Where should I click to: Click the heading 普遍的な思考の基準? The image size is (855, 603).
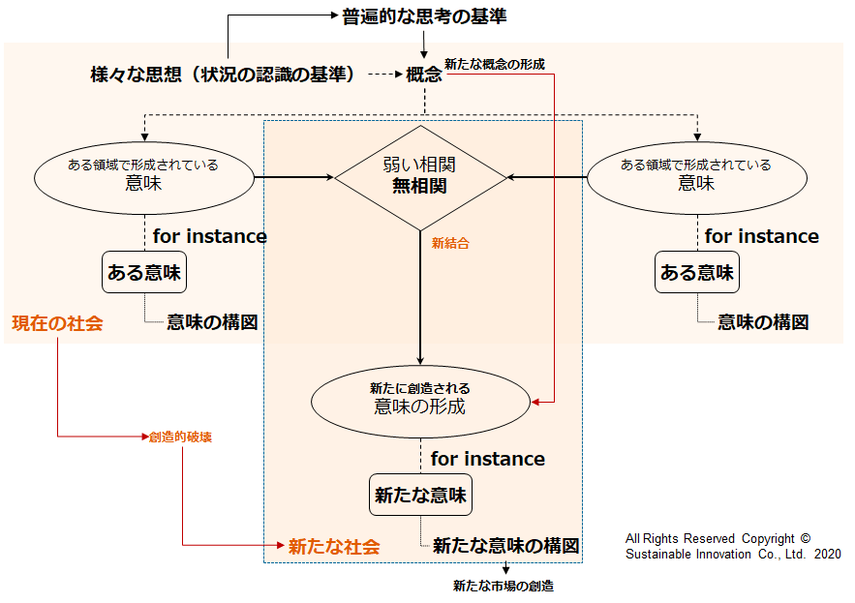[x=424, y=16]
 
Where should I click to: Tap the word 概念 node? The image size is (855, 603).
[x=424, y=75]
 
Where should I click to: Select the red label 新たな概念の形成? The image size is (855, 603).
[x=494, y=64]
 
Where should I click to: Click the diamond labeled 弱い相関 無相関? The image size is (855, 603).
[x=420, y=177]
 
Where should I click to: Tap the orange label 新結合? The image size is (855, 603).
[x=450, y=244]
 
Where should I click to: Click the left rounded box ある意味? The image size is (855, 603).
[x=143, y=273]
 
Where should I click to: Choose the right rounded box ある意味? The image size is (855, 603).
[x=696, y=273]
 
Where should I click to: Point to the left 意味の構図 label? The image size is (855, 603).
[x=212, y=322]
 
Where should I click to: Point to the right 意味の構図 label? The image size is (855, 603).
[x=763, y=322]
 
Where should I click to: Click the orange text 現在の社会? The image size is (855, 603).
[x=57, y=323]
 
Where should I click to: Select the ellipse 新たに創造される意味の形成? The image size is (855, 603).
[x=420, y=399]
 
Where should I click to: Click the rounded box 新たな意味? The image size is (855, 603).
[x=420, y=496]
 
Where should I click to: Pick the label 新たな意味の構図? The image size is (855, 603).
[x=505, y=545]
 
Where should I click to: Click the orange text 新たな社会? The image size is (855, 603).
[x=334, y=546]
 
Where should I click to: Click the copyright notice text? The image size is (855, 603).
[x=733, y=546]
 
